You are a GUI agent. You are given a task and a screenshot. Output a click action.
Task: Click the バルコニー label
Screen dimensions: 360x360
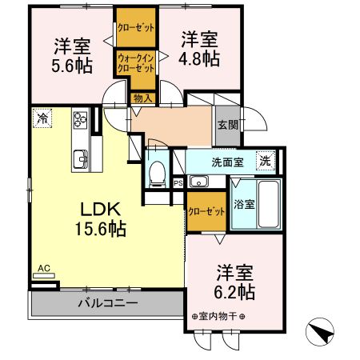(x=108, y=303)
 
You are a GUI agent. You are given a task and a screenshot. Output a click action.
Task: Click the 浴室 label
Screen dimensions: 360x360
(x=244, y=204)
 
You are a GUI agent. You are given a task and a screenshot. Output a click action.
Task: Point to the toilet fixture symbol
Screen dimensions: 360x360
(x=158, y=170)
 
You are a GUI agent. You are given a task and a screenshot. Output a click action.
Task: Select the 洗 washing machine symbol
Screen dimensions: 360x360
(x=265, y=161)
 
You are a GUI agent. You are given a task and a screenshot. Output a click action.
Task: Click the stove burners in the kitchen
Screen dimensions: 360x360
(x=82, y=121)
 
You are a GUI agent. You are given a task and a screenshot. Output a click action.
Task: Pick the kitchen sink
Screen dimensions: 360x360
(x=81, y=155)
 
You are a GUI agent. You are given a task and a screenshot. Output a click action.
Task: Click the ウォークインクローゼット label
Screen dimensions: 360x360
(x=136, y=63)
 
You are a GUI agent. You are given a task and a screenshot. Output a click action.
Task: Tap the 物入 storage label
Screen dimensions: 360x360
(x=140, y=98)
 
